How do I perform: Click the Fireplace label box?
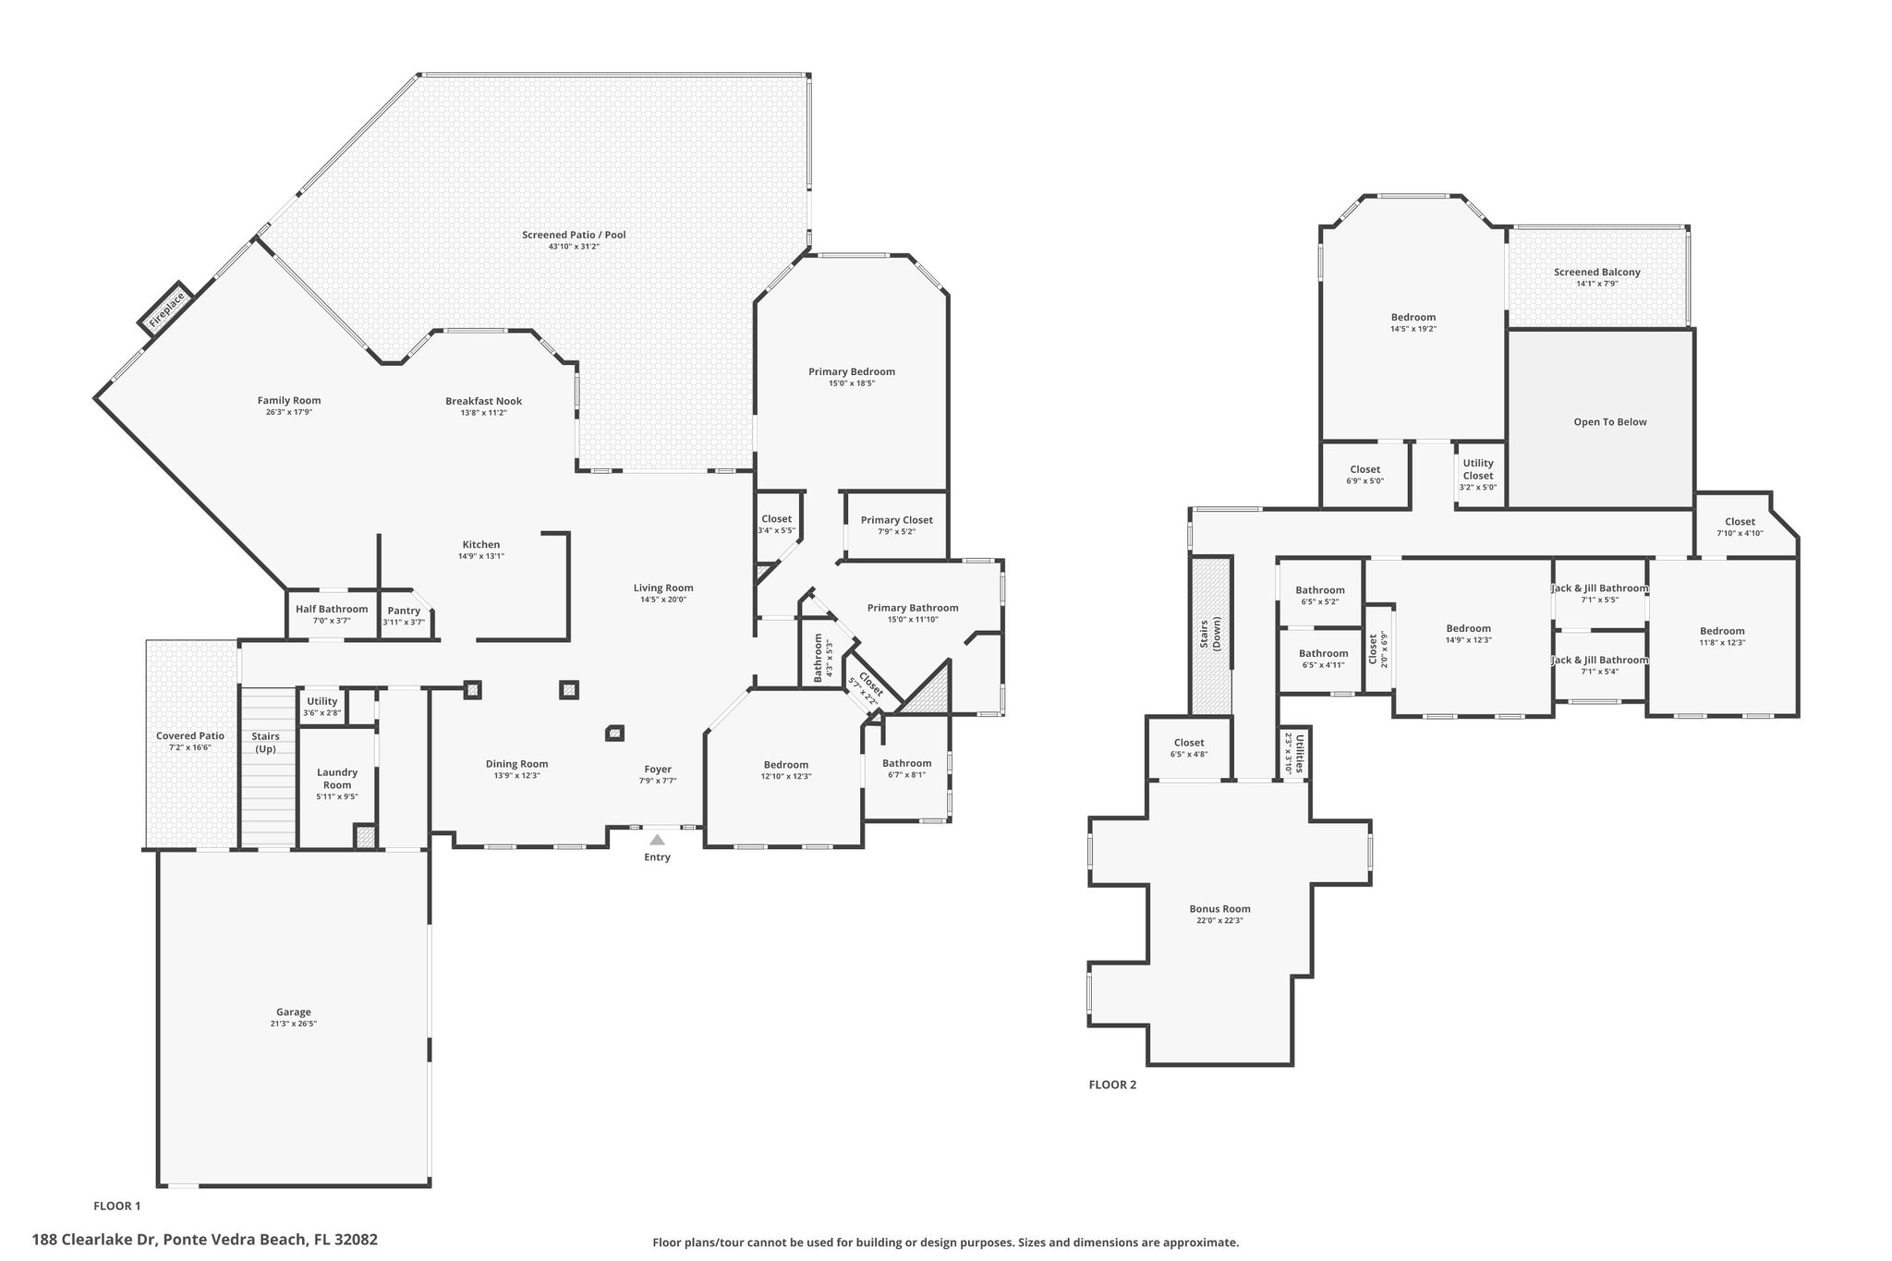(x=167, y=308)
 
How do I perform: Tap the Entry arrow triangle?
(x=657, y=840)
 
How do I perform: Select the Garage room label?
(x=294, y=1012)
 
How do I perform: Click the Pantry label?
(x=404, y=611)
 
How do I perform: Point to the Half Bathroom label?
(x=332, y=609)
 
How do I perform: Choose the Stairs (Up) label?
(x=265, y=742)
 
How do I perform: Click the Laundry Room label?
(x=337, y=779)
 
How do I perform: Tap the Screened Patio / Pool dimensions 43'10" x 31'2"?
(x=574, y=247)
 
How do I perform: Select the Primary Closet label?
(x=897, y=520)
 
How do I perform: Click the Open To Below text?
(x=1610, y=422)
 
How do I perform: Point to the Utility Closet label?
(x=1478, y=469)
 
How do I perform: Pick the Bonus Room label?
(x=1219, y=909)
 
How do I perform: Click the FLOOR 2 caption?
(x=1112, y=1085)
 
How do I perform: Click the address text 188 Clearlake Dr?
(x=95, y=1240)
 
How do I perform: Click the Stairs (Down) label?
(x=1210, y=628)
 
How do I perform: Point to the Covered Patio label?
(x=190, y=736)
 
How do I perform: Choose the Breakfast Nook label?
(x=483, y=401)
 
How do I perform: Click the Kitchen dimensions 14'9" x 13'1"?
(x=481, y=556)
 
